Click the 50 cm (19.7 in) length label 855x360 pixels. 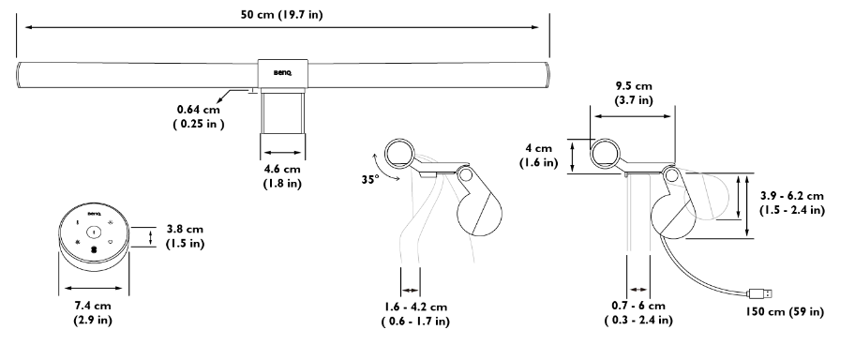pyautogui.click(x=282, y=15)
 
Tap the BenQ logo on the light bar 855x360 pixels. pyautogui.click(x=282, y=72)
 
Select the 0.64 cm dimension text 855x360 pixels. pyautogui.click(x=199, y=110)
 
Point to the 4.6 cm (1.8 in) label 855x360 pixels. pyautogui.click(x=282, y=176)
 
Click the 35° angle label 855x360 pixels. pyautogui.click(x=369, y=179)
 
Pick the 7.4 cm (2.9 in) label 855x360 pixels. pyautogui.click(x=93, y=312)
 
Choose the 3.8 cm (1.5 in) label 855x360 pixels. pyautogui.click(x=186, y=236)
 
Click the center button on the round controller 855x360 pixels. pyautogui.click(x=94, y=232)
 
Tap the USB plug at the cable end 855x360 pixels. pyautogui.click(x=759, y=293)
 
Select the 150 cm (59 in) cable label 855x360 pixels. pyautogui.click(x=785, y=311)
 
